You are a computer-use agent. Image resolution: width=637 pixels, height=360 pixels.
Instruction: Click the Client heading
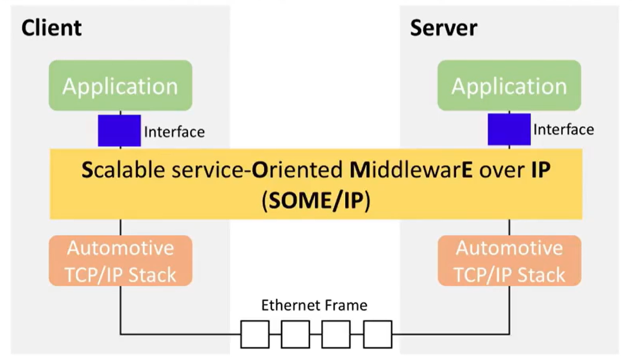pyautogui.click(x=52, y=28)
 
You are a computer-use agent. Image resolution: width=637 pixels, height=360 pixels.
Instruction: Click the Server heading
pyautogui.click(x=443, y=28)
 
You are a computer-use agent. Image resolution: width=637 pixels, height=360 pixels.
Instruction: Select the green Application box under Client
pyautogui.click(x=120, y=86)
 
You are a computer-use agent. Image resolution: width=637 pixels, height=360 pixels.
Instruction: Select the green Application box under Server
pyautogui.click(x=509, y=86)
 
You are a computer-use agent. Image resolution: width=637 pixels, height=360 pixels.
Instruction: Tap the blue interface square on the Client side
pyautogui.click(x=119, y=130)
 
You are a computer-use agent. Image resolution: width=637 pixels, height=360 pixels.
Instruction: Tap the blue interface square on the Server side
pyautogui.click(x=509, y=130)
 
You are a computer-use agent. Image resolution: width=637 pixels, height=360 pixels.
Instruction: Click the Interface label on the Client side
pyautogui.click(x=174, y=132)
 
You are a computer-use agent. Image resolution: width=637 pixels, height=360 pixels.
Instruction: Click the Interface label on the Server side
pyautogui.click(x=563, y=130)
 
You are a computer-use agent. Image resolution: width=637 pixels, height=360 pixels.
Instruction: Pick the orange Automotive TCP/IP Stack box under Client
pyautogui.click(x=120, y=261)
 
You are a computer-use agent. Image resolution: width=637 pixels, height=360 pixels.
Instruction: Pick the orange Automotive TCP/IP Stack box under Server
pyautogui.click(x=509, y=261)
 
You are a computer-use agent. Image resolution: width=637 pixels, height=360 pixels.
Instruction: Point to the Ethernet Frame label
pyautogui.click(x=314, y=305)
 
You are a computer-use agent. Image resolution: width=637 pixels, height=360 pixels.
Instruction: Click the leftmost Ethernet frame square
pyautogui.click(x=255, y=334)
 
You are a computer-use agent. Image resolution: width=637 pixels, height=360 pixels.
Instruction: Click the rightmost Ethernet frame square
pyautogui.click(x=378, y=334)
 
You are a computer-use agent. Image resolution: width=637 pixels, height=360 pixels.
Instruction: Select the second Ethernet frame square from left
pyautogui.click(x=296, y=334)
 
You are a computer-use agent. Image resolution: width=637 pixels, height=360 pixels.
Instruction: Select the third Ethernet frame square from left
pyautogui.click(x=336, y=334)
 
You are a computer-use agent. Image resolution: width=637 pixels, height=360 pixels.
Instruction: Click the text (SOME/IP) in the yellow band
pyautogui.click(x=316, y=201)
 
